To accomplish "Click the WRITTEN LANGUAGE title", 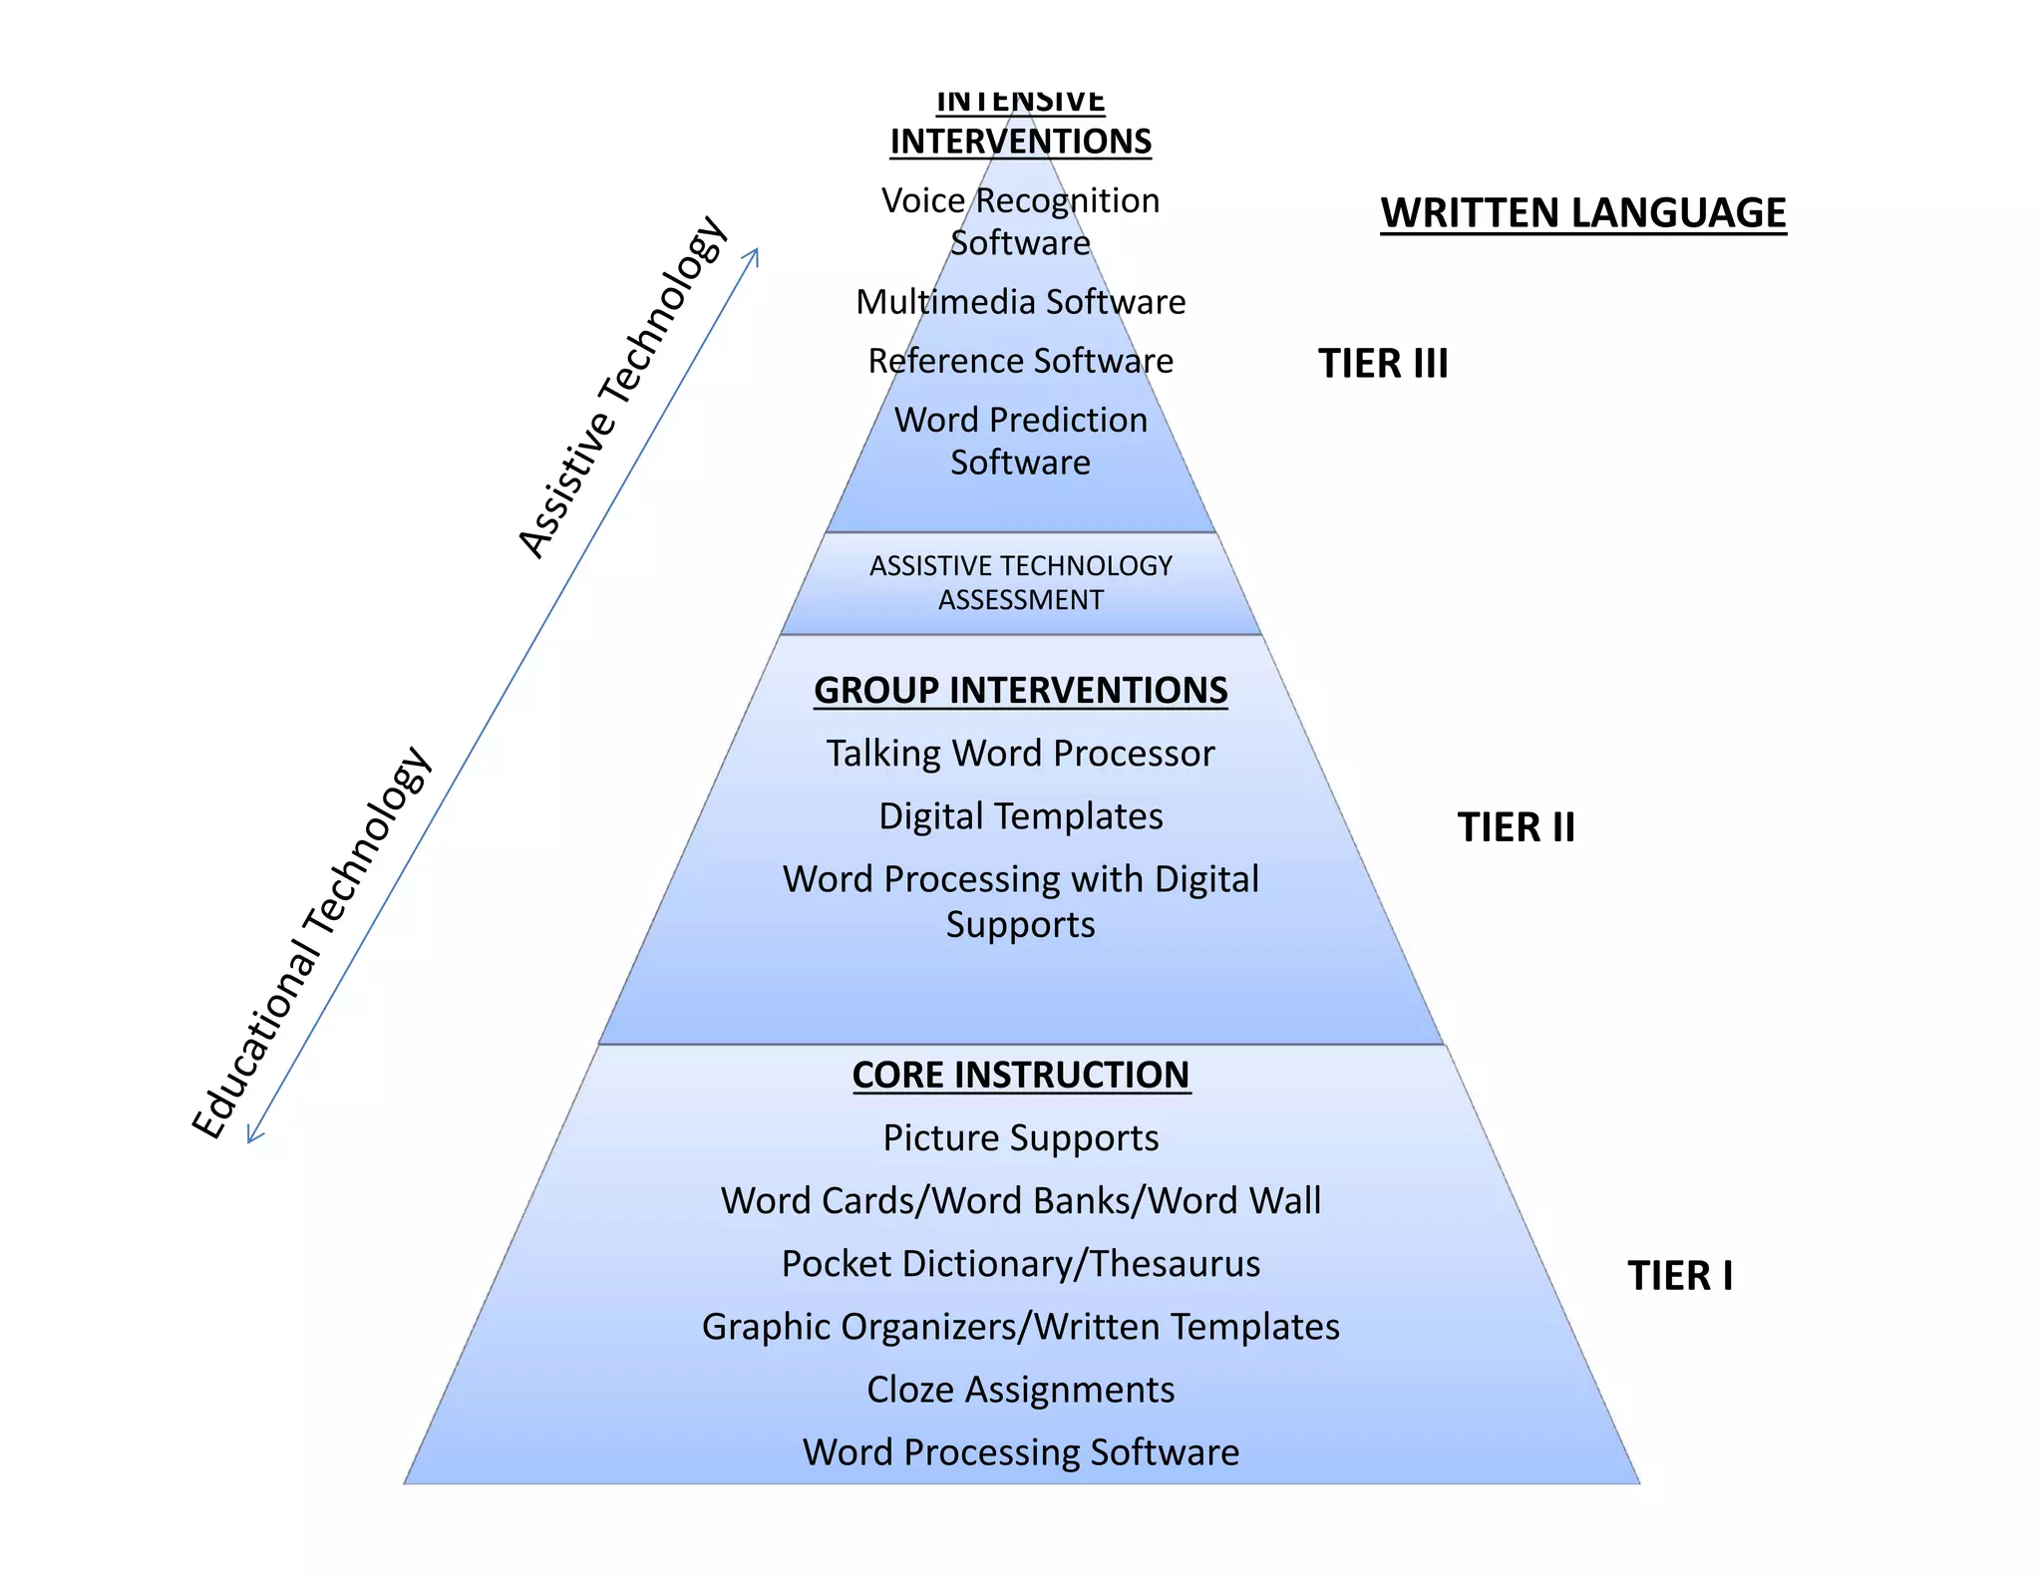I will click(1582, 213).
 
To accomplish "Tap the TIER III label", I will click(1382, 364).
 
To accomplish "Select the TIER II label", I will click(1516, 827).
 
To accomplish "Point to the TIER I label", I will click(1680, 1276).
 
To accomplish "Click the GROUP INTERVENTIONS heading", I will click(1020, 690).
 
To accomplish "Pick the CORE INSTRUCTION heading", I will click(1020, 1075).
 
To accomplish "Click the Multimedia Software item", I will click(1020, 302).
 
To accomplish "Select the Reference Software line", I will click(1020, 361).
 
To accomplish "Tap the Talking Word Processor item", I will click(1020, 754).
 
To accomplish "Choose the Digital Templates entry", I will click(1020, 816).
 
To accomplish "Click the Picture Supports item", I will click(1020, 1138).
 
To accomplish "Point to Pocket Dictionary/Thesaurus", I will click(1020, 1264).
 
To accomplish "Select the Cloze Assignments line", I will click(1020, 1390).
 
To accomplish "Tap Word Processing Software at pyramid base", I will click(1020, 1452).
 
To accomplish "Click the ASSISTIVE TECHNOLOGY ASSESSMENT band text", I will click(1020, 583).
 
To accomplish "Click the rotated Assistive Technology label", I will click(623, 387).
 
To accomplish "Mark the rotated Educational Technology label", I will click(311, 943).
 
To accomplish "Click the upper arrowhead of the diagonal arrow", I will click(755, 255).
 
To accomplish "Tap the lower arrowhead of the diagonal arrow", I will click(252, 1136).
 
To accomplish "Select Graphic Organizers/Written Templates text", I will click(1020, 1327).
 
